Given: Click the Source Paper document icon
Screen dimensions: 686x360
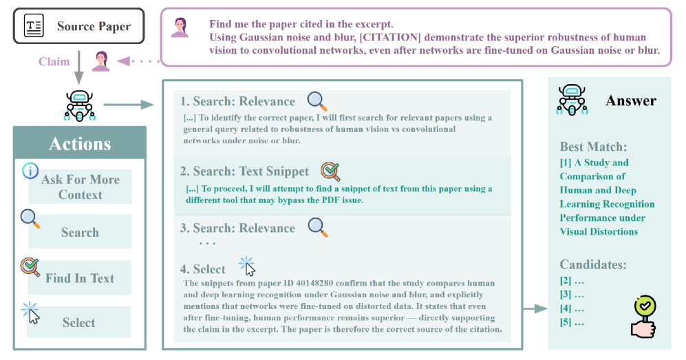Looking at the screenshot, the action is click(34, 25).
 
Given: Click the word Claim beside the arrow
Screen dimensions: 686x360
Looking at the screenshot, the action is click(54, 62).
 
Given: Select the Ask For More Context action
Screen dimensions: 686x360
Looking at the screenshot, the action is click(80, 187).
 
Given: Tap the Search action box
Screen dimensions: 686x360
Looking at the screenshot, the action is click(80, 232).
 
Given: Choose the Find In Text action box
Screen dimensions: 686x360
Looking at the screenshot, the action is click(80, 278).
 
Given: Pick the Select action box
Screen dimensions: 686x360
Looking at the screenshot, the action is click(78, 322).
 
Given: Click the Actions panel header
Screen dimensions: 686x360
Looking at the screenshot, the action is click(80, 143).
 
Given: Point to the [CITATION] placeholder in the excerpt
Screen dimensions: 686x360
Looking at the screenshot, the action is click(390, 37).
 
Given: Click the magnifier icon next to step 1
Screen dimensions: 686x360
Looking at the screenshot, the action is click(317, 101).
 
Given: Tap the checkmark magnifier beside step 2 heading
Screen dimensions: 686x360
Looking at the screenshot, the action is click(331, 171).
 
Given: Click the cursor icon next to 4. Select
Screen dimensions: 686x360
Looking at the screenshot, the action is click(247, 266).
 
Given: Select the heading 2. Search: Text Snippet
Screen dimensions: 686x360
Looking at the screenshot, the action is click(244, 171).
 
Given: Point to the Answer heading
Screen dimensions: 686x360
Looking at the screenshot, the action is click(631, 100).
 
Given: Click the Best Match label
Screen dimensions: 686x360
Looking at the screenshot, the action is click(593, 147).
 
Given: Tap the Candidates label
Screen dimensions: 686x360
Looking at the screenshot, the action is click(593, 264).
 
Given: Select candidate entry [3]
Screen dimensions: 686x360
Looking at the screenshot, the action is click(572, 295).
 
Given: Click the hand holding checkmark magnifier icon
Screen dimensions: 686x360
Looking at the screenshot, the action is click(643, 317).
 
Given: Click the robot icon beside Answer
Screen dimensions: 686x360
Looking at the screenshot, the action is click(572, 100).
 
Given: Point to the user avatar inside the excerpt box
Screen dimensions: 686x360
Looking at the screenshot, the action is click(180, 28).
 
